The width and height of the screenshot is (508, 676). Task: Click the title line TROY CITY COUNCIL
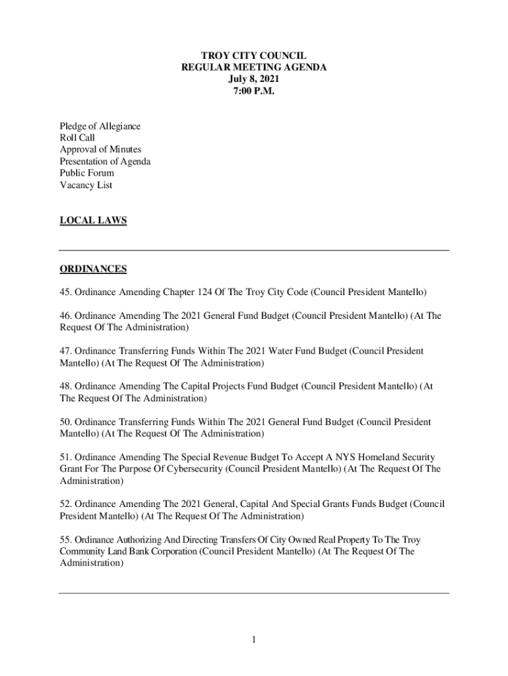pyautogui.click(x=253, y=56)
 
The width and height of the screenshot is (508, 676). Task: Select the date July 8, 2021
pyautogui.click(x=253, y=79)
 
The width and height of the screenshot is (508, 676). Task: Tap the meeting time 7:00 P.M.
pyautogui.click(x=253, y=91)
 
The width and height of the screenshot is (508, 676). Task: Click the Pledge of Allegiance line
pyautogui.click(x=100, y=126)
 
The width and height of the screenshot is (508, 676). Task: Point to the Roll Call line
pyautogui.click(x=77, y=138)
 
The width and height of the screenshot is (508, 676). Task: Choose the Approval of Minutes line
pyautogui.click(x=100, y=150)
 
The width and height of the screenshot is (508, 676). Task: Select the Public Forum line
pyautogui.click(x=86, y=174)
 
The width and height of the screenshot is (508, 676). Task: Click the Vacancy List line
pyautogui.click(x=86, y=186)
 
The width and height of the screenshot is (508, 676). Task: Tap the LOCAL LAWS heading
pyautogui.click(x=93, y=221)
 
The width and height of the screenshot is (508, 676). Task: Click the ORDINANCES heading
pyautogui.click(x=93, y=269)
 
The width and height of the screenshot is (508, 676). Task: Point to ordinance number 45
pyautogui.click(x=65, y=292)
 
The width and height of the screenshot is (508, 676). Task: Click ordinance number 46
pyautogui.click(x=65, y=316)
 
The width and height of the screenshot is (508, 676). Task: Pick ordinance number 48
pyautogui.click(x=65, y=387)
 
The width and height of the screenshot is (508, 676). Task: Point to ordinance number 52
pyautogui.click(x=65, y=504)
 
